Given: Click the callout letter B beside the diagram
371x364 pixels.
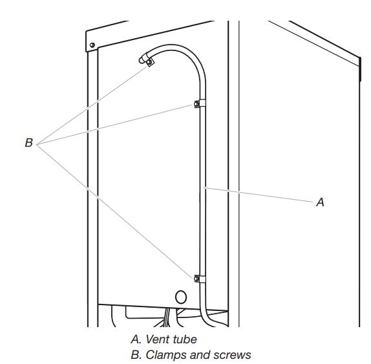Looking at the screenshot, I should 28,143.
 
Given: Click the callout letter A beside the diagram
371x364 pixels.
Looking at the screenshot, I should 319,202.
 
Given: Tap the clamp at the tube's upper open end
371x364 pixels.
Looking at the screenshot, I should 149,63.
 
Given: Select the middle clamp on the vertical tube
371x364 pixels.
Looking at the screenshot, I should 196,105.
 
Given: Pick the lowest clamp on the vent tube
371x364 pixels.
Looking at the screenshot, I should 196,278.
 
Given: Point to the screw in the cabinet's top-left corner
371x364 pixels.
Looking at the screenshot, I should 93,45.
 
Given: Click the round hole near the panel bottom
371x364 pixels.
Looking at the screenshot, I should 180,297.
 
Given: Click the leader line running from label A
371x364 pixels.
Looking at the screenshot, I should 259,195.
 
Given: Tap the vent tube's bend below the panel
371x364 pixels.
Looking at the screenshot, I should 206,316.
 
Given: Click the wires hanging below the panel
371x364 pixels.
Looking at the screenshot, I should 170,317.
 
